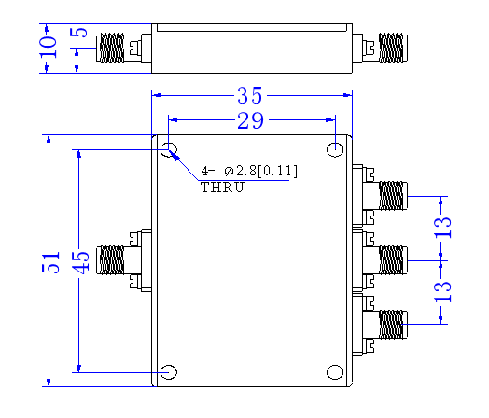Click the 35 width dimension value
pyautogui.click(x=250, y=95)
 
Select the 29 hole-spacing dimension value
pyautogui.click(x=250, y=120)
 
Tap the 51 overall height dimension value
pyautogui.click(x=50, y=262)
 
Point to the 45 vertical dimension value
pyautogui.click(x=81, y=262)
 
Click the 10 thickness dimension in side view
pyautogui.click(x=48, y=47)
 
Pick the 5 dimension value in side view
pyautogui.click(x=78, y=33)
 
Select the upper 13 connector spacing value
pyautogui.click(x=443, y=228)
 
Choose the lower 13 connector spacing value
pyautogui.click(x=443, y=291)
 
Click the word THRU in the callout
pyautogui.click(x=222, y=188)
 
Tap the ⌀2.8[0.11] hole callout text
pyautogui.click(x=260, y=171)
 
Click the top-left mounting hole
pyautogui.click(x=169, y=149)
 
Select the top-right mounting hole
pyautogui.click(x=335, y=149)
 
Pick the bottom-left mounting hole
pyautogui.click(x=169, y=372)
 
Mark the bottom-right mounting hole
pyautogui.click(x=335, y=372)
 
